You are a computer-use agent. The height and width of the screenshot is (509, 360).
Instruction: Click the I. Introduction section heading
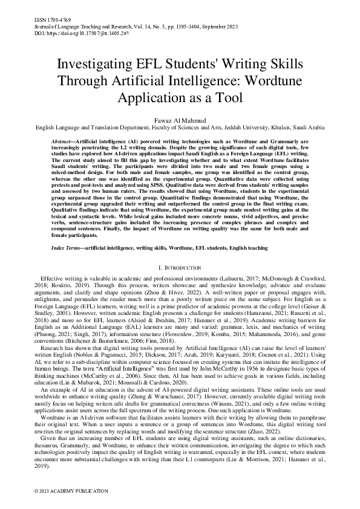click(180, 267)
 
